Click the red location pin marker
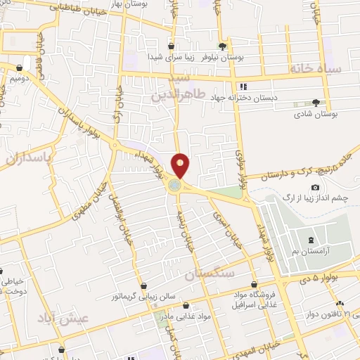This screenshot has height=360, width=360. [x=181, y=165]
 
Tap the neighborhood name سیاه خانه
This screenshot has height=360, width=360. [x=314, y=69]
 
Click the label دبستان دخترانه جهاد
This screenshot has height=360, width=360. [x=248, y=98]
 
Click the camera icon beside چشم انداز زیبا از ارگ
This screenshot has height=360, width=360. [x=315, y=188]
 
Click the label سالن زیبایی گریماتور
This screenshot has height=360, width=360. [x=144, y=297]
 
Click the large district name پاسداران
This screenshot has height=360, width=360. [x=28, y=158]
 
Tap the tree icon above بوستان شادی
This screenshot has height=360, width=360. [x=315, y=102]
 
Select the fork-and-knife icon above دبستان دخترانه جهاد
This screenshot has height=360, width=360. [x=243, y=86]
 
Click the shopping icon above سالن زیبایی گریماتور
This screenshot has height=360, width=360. [x=144, y=285]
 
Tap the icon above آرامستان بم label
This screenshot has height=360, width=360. [x=311, y=240]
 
